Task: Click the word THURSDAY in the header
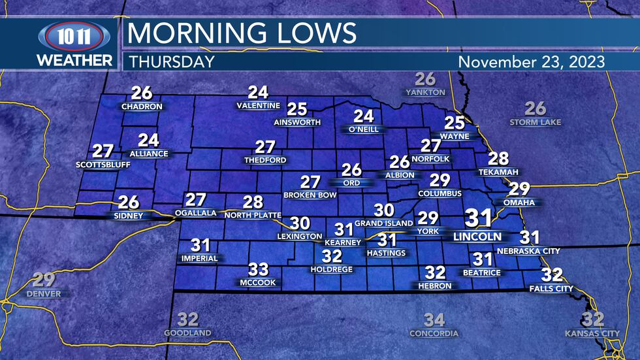click(172, 62)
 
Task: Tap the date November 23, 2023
click(532, 62)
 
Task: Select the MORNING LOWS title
click(242, 33)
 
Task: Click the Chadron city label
click(142, 106)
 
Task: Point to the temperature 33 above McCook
click(258, 269)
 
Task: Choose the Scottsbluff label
click(103, 165)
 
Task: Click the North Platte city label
click(253, 215)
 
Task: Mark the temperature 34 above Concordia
click(434, 320)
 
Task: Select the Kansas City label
click(592, 334)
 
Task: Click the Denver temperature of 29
click(44, 280)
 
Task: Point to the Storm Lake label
click(536, 122)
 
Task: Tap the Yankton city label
click(425, 93)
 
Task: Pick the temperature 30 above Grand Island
click(383, 210)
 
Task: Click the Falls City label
click(552, 288)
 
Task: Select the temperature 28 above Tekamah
click(498, 158)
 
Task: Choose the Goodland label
click(187, 333)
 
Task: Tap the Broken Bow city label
click(310, 195)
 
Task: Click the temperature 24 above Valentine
click(258, 93)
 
